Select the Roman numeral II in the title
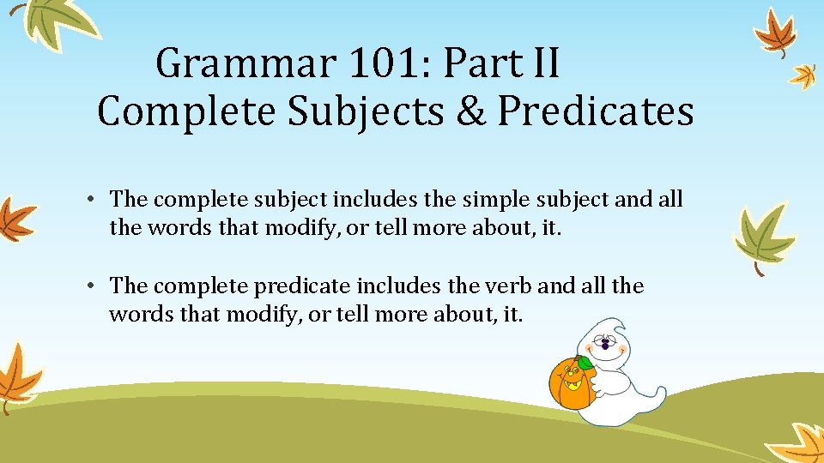540,64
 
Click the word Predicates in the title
596,111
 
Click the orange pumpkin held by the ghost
568,383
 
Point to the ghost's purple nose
606,346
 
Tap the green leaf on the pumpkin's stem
585,362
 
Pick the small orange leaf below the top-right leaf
803,75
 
